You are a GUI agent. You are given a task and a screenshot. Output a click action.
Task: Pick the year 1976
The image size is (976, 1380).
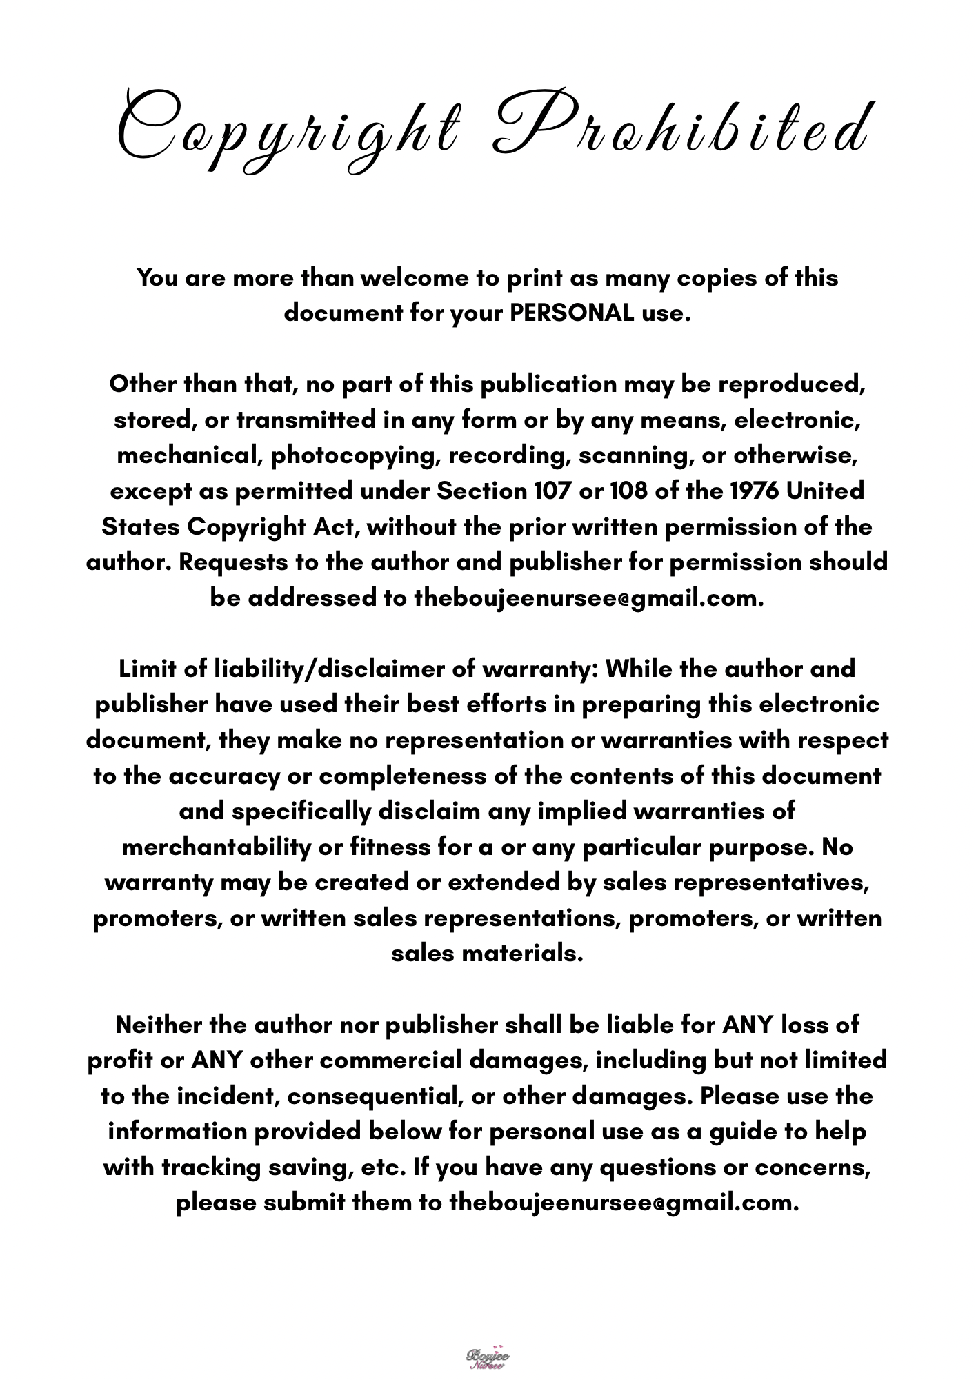[748, 491]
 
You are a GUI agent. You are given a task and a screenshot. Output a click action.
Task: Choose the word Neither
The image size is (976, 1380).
[159, 1025]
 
